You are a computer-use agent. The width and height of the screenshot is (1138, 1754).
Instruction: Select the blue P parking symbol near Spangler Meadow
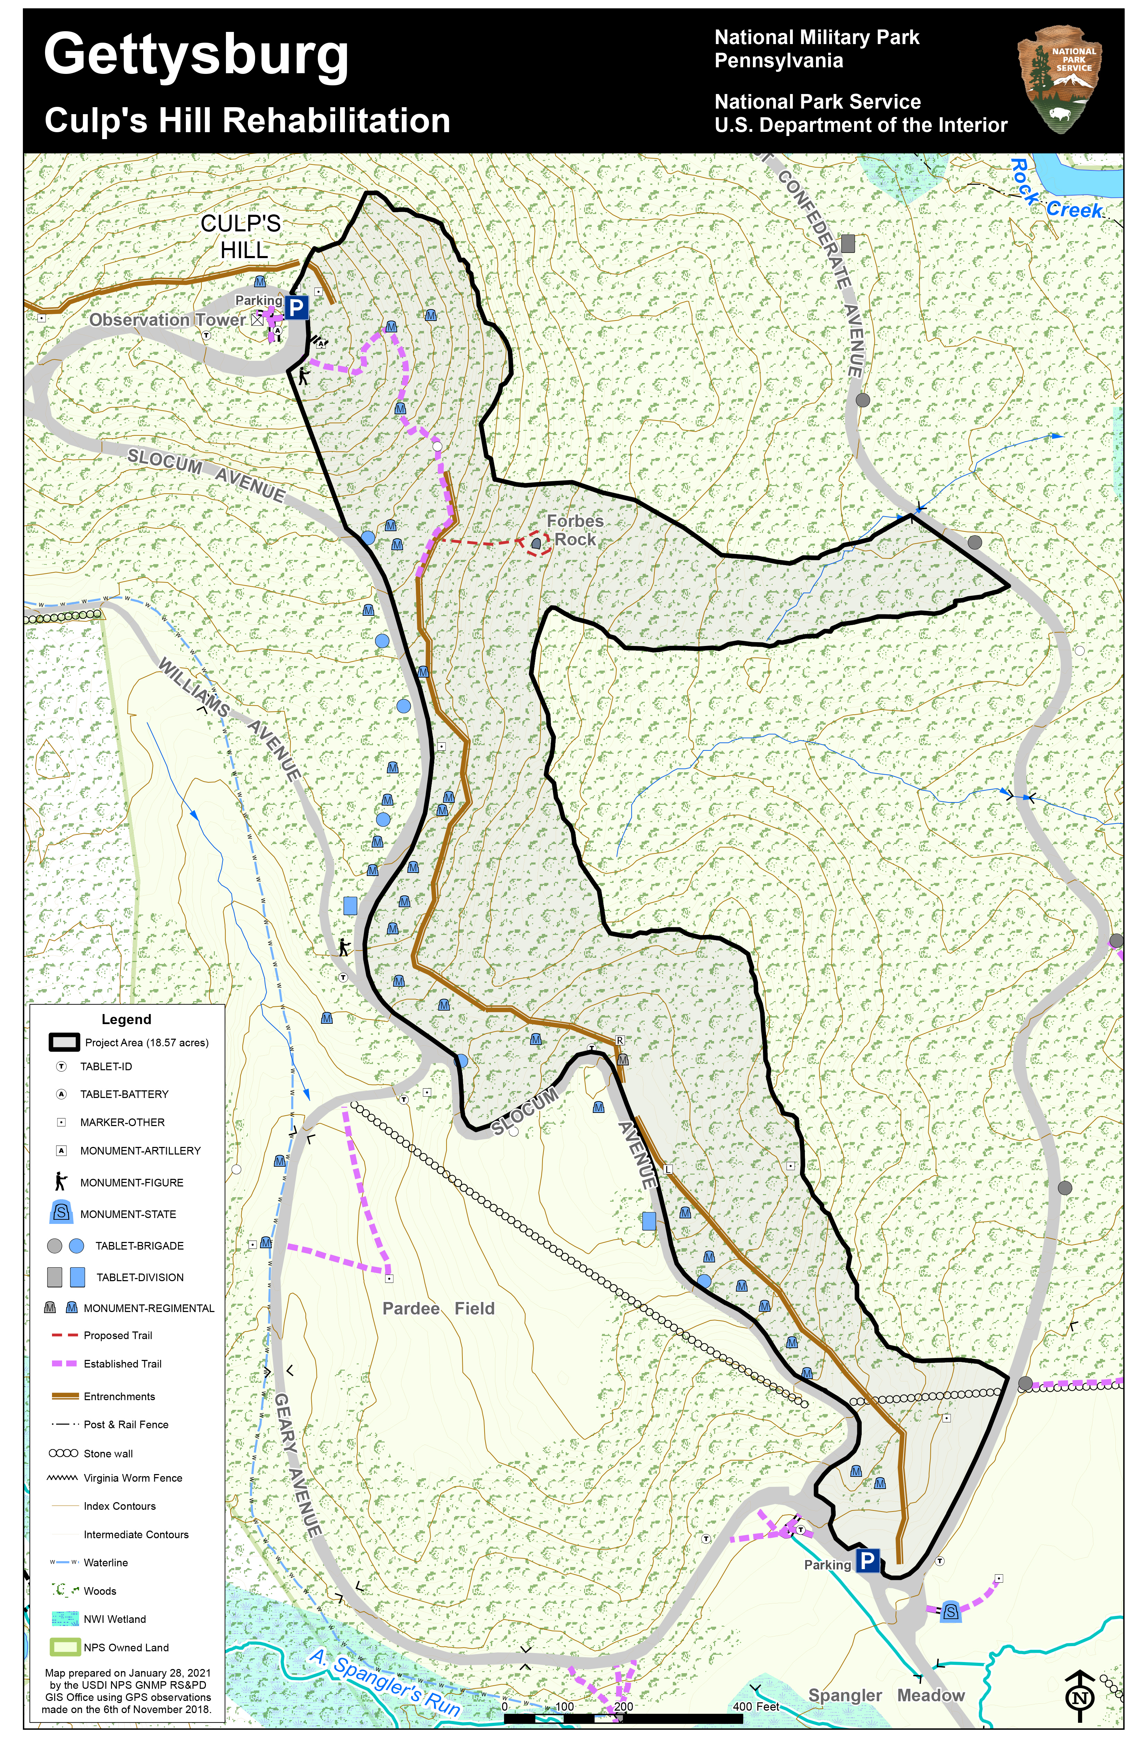[868, 1560]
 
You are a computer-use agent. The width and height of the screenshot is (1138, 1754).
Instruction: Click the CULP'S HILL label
[242, 237]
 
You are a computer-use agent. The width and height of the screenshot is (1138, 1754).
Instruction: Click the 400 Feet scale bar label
[756, 1706]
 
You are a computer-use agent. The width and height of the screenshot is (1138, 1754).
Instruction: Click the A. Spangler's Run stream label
[384, 1683]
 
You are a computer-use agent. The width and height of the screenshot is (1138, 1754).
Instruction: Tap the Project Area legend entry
[146, 1042]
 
